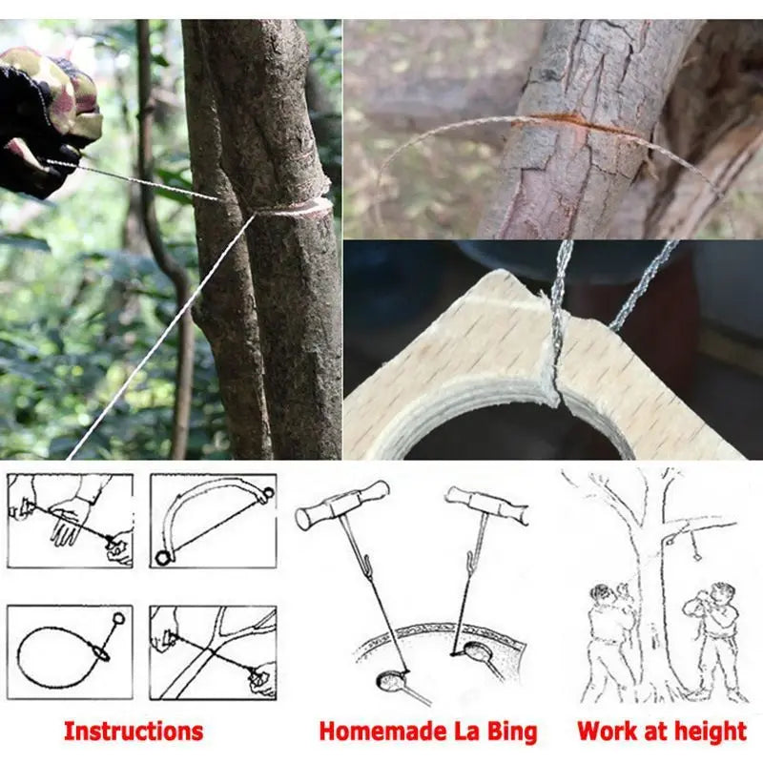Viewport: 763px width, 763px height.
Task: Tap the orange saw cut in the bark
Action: coord(572,122)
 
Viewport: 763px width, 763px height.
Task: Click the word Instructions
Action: coord(134,732)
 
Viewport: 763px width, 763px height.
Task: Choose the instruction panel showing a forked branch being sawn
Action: coord(212,652)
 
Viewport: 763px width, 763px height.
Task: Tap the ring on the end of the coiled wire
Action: coord(119,618)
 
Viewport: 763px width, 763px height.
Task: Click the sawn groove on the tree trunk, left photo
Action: coord(296,206)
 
